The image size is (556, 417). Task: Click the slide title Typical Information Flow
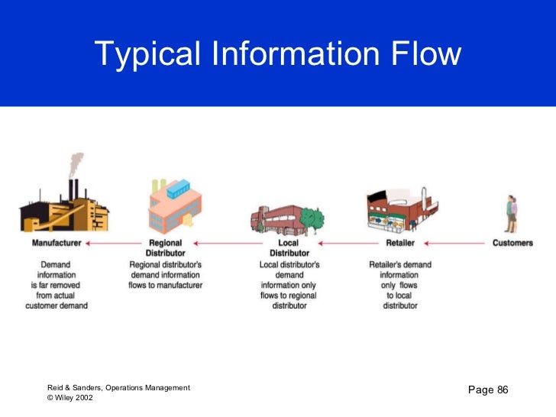pyautogui.click(x=278, y=54)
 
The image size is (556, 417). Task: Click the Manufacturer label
pyautogui.click(x=57, y=244)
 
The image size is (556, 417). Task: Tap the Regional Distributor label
pyautogui.click(x=165, y=248)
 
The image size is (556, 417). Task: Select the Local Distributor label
pyautogui.click(x=289, y=248)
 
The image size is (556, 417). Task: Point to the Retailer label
pyautogui.click(x=400, y=244)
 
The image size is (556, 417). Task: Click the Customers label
pyautogui.click(x=512, y=244)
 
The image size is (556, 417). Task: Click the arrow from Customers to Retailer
pyautogui.click(x=455, y=244)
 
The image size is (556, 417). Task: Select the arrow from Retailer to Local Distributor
pyautogui.click(x=348, y=244)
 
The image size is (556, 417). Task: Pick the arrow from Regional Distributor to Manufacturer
pyautogui.click(x=115, y=244)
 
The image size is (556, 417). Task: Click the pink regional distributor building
pyautogui.click(x=174, y=209)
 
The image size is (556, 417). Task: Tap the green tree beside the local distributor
pyautogui.click(x=312, y=219)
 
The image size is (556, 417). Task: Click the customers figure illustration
pyautogui.click(x=512, y=213)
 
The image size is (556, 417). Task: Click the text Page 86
pyautogui.click(x=487, y=390)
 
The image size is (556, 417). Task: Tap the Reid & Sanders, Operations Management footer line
pyautogui.click(x=118, y=388)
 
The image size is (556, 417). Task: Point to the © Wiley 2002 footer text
pyautogui.click(x=70, y=398)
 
